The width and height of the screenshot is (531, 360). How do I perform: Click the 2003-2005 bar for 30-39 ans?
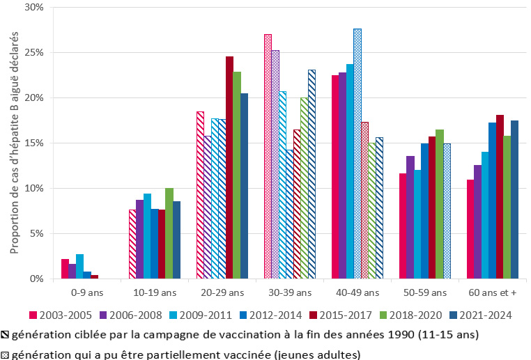coord(268,157)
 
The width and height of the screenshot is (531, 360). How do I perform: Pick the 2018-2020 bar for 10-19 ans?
coord(169,233)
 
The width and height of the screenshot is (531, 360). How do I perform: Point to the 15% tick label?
coord(35,143)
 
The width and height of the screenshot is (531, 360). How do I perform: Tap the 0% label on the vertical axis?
coord(38,279)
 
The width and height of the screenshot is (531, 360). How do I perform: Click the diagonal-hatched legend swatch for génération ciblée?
coord(6,335)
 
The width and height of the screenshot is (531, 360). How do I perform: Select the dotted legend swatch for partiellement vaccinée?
coord(6,354)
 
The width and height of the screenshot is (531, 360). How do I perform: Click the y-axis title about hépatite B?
coord(15,143)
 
